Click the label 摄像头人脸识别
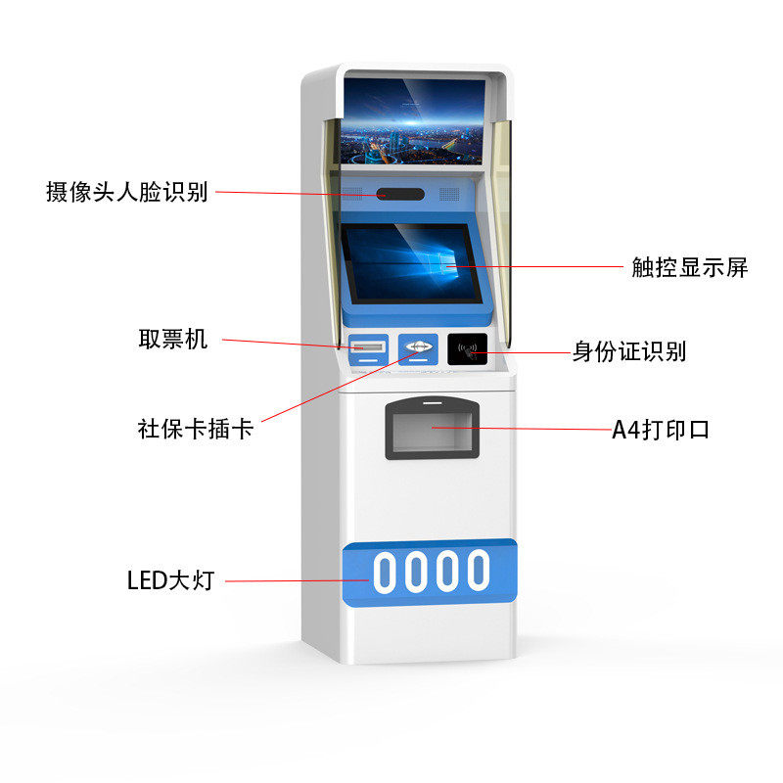click(127, 191)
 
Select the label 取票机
click(172, 340)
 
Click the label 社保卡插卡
click(196, 429)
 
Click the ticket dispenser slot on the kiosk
click(368, 346)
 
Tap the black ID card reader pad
click(467, 349)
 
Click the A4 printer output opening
click(433, 432)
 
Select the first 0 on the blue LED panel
click(385, 571)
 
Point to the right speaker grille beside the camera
click(448, 194)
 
